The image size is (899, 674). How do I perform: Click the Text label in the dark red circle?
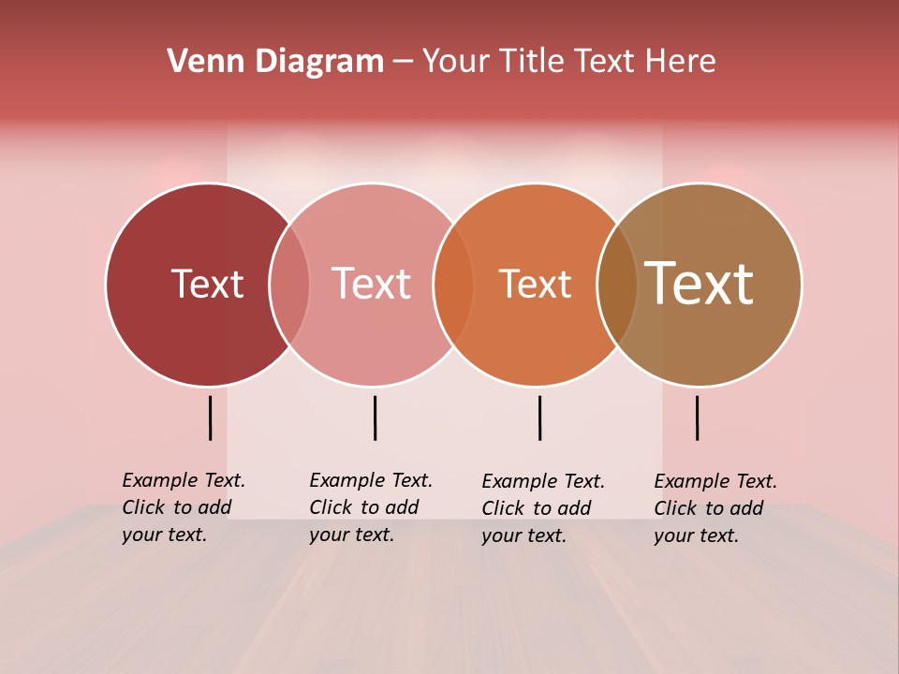pos(207,284)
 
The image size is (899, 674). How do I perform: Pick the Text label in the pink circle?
pos(371,284)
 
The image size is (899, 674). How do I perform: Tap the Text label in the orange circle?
pos(535,284)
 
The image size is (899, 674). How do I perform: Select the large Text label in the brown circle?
pos(699,284)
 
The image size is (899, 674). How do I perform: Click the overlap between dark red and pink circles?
pos(289,285)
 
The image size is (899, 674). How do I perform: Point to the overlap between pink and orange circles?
pos(453,285)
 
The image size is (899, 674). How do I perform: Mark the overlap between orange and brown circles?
pos(617,285)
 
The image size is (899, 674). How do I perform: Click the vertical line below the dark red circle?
pos(211,418)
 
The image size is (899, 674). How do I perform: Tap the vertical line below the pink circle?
pos(375,418)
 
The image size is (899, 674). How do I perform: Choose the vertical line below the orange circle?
pos(540,418)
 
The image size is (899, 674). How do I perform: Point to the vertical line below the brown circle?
pos(698,418)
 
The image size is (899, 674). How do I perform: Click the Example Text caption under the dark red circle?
pos(184,507)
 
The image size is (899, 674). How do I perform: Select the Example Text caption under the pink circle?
pos(371,507)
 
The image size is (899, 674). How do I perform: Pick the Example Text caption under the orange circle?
pos(543,508)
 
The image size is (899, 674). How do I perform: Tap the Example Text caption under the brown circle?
pos(715,508)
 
